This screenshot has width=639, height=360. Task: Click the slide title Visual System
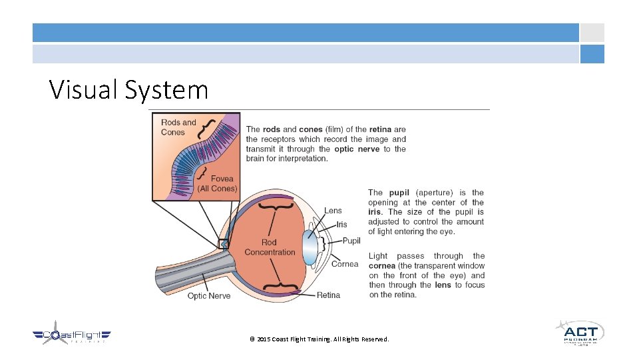(x=128, y=90)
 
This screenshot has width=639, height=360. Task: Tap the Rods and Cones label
(x=178, y=127)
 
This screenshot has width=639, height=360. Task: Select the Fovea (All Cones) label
(x=218, y=183)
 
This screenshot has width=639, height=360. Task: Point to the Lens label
(x=333, y=211)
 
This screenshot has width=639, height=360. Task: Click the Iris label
(x=341, y=225)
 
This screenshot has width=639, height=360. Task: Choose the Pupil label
(x=351, y=241)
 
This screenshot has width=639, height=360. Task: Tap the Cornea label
(x=345, y=264)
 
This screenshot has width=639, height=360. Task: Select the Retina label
(x=328, y=295)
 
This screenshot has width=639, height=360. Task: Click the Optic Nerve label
(x=209, y=296)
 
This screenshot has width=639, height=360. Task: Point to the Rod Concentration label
(x=270, y=247)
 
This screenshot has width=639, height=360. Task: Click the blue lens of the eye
(x=310, y=247)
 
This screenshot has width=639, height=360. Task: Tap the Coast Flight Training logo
(x=72, y=337)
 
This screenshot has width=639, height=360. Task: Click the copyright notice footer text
(x=319, y=339)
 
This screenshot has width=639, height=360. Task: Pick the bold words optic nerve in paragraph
(x=357, y=149)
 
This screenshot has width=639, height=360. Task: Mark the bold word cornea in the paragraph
(x=383, y=265)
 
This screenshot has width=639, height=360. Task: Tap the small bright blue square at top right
(x=592, y=54)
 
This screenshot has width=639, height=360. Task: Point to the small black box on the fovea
(x=224, y=243)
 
